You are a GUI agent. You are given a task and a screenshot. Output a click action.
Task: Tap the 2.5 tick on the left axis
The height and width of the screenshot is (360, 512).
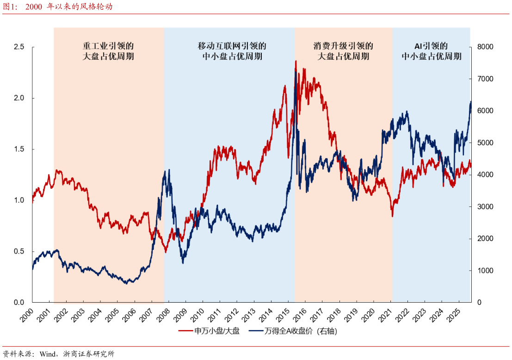(19, 47)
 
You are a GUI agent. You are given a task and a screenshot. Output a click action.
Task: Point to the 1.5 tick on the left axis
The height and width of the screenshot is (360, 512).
(19, 149)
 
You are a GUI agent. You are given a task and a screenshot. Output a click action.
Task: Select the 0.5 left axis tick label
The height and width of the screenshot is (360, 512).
(19, 252)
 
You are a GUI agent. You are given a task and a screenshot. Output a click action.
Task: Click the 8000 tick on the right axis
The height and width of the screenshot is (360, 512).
(486, 47)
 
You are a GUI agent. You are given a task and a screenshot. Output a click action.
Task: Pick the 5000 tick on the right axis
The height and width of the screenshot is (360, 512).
(486, 143)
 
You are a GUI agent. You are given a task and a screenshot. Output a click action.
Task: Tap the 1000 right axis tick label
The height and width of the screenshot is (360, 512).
(486, 271)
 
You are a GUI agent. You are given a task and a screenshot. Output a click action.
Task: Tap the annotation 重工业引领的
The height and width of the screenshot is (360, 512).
(108, 46)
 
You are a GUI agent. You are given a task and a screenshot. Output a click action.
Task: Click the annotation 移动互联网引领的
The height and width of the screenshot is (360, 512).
(232, 46)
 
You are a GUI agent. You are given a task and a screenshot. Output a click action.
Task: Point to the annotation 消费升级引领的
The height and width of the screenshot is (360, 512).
(343, 46)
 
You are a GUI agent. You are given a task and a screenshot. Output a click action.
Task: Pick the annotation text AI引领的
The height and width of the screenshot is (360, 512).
(431, 46)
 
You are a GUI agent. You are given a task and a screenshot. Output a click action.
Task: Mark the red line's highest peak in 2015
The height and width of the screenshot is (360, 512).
(296, 61)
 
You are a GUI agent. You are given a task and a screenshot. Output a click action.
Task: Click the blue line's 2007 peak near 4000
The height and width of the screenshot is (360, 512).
(169, 170)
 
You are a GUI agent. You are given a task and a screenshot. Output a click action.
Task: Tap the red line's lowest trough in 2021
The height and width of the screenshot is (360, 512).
(393, 216)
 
